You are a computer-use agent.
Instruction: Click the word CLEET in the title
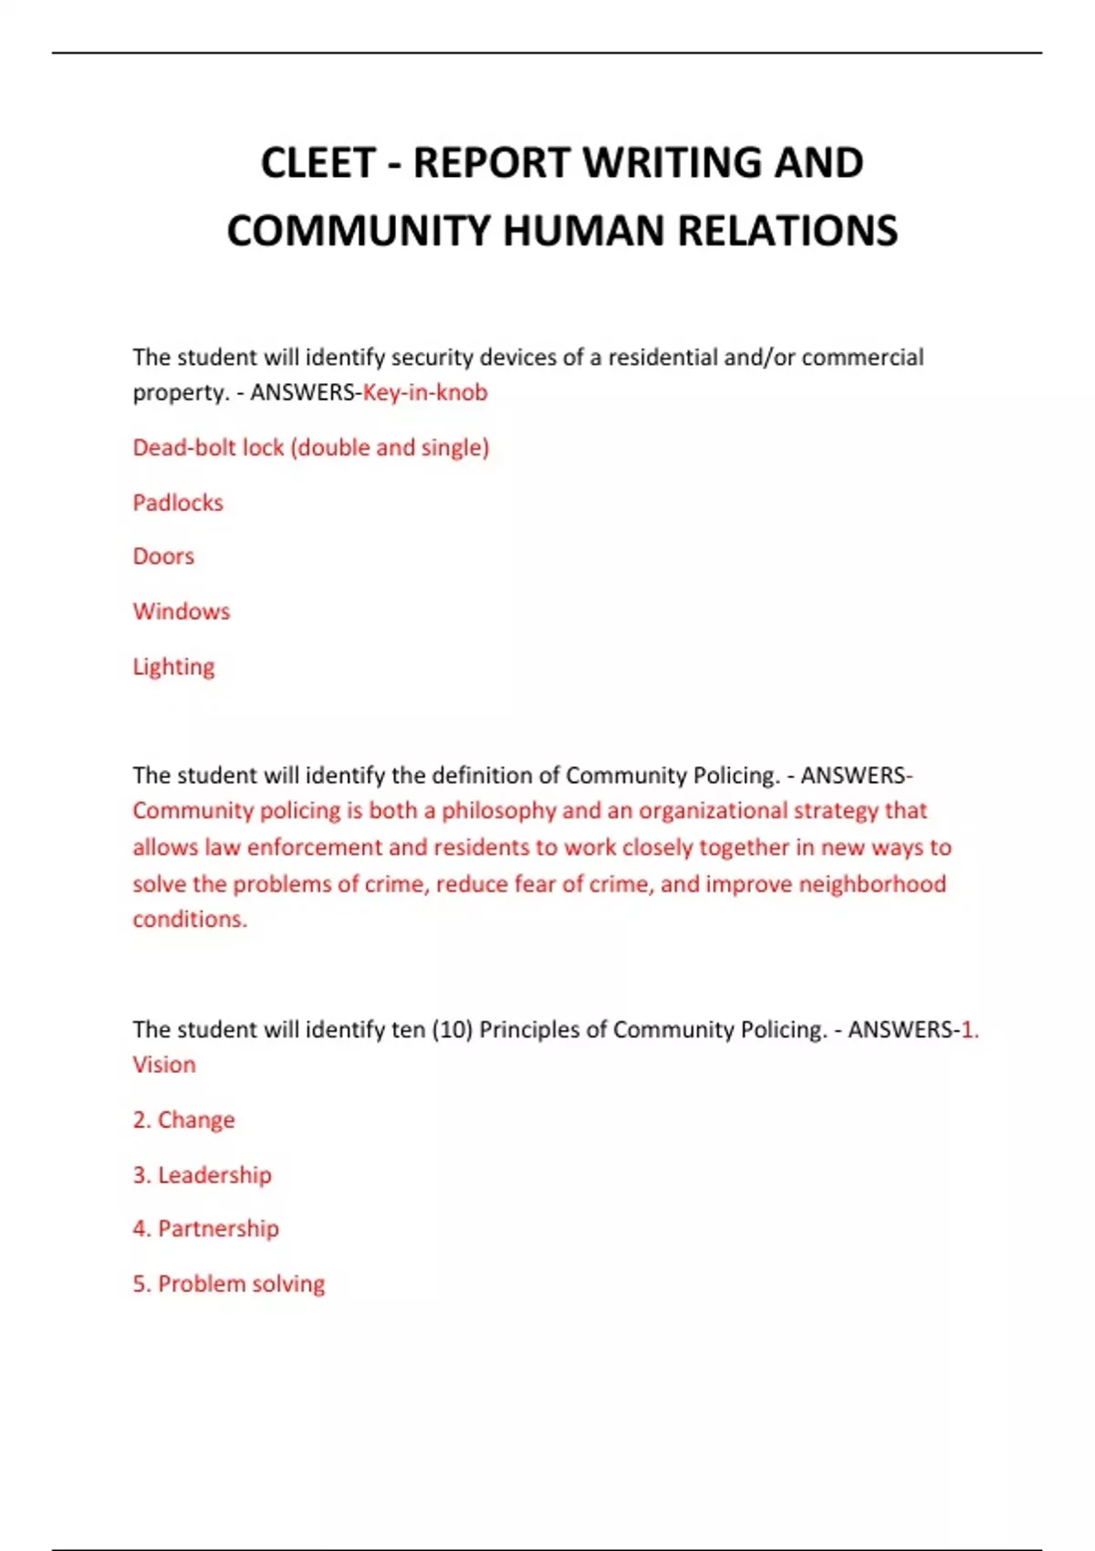click(x=318, y=163)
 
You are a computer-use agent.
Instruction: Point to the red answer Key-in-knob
click(x=425, y=392)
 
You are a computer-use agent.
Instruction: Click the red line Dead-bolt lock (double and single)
click(x=310, y=448)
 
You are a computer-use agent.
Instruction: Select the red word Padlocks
click(x=178, y=503)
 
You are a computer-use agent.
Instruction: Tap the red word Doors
click(x=163, y=557)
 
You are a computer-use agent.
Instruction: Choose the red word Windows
click(x=182, y=611)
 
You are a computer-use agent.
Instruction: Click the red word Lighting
click(x=173, y=667)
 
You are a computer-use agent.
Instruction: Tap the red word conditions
click(x=190, y=920)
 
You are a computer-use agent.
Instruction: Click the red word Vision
click(x=164, y=1065)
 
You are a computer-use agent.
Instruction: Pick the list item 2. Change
click(x=183, y=1119)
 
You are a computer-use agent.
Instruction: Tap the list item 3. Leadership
click(x=202, y=1175)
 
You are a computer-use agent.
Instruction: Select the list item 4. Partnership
click(x=205, y=1229)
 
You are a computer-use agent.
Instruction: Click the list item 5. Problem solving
click(x=228, y=1284)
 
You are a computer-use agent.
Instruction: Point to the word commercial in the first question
click(x=862, y=358)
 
